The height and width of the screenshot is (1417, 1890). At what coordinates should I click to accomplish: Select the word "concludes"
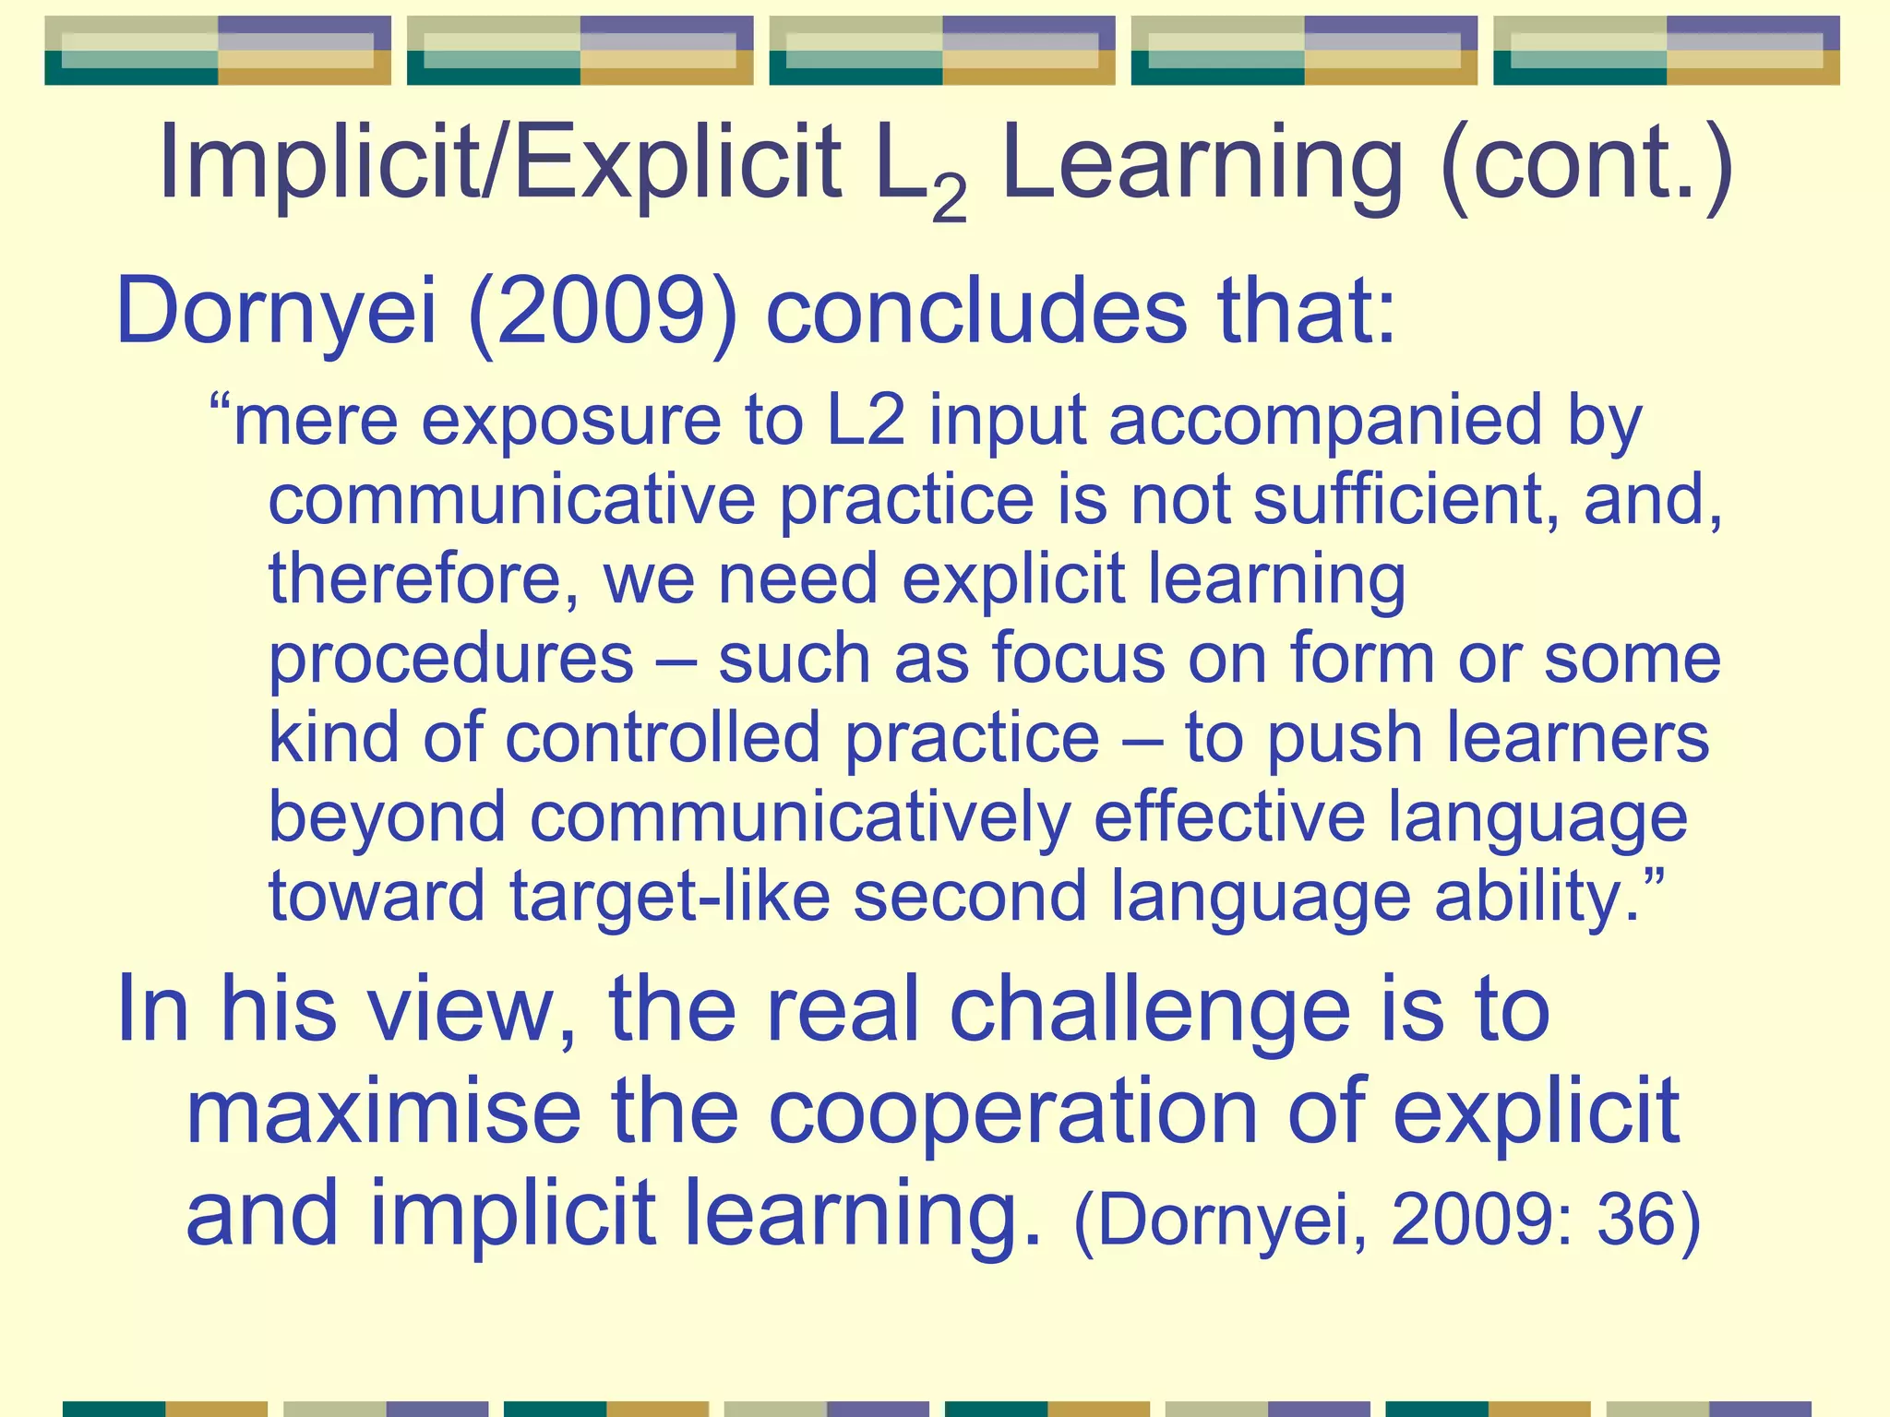[976, 311]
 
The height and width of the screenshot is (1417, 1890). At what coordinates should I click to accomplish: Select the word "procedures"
[451, 661]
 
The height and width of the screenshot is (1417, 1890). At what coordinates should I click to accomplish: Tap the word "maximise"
[384, 1112]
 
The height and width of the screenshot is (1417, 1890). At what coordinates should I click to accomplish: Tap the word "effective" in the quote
[1229, 817]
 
